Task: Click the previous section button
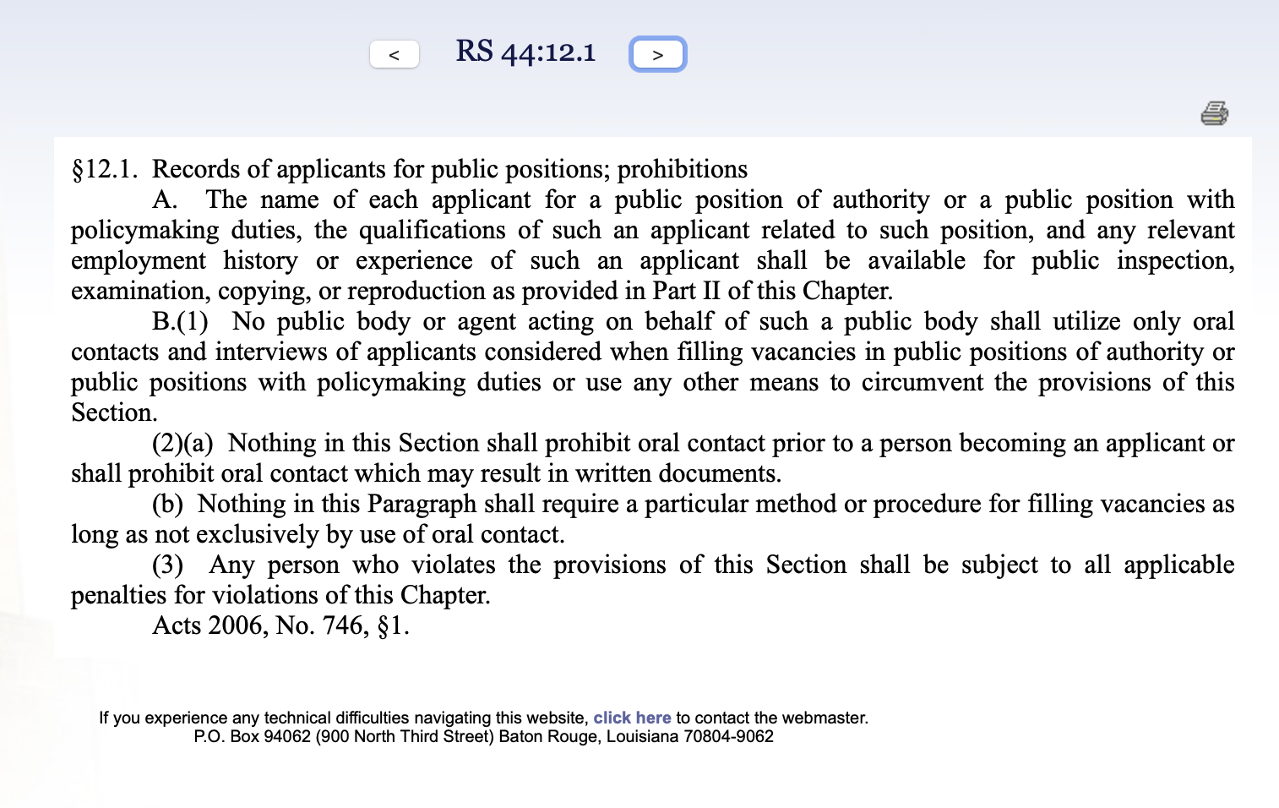pos(395,55)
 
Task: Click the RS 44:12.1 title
pos(525,52)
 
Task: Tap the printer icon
pos(1214,113)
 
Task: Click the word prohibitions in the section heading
pos(682,170)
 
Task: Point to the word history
pos(260,261)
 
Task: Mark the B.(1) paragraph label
pos(180,322)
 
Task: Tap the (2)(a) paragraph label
pos(182,444)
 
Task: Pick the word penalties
pos(118,596)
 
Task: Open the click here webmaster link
pos(632,718)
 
